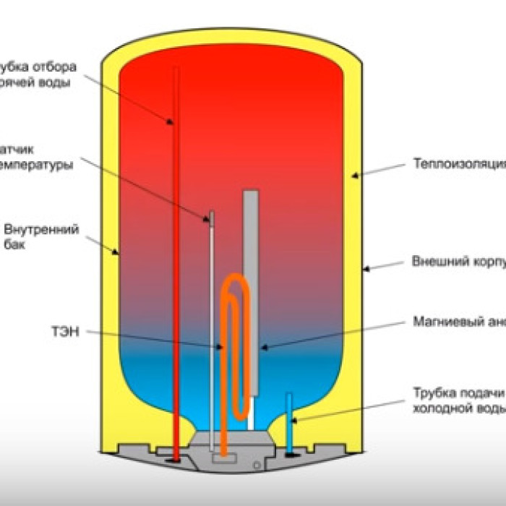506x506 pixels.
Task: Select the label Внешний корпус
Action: coord(458,261)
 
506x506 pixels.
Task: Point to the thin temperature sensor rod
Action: coord(211,325)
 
